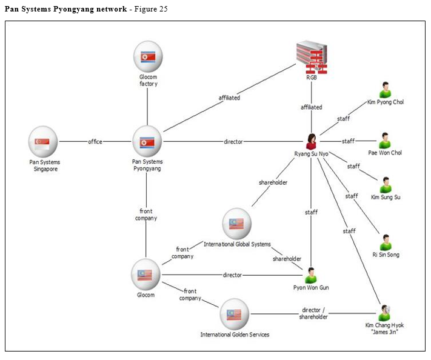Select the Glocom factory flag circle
(148, 57)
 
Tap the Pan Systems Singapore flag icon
(43, 142)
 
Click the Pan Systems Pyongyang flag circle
(147, 142)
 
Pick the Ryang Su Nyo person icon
(312, 141)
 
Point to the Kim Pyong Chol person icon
(385, 90)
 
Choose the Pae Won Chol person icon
(385, 141)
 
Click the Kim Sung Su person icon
(386, 185)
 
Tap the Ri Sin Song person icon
(386, 242)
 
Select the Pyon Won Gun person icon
(312, 275)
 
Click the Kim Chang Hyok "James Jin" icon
(384, 313)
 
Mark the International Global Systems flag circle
(237, 224)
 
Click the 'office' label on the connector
(95, 142)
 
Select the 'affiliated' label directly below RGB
(312, 107)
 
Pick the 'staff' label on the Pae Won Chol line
(348, 141)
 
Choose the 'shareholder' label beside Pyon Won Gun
(287, 259)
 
